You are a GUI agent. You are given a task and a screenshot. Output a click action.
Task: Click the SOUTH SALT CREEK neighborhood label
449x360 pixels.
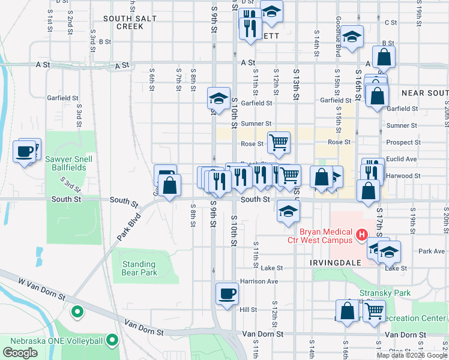(130, 22)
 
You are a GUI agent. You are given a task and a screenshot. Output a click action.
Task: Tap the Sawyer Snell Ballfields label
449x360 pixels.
(65, 163)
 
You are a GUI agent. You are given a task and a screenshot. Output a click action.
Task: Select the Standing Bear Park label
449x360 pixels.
(139, 268)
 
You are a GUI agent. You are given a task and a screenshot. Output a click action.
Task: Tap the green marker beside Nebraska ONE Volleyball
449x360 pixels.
(112, 341)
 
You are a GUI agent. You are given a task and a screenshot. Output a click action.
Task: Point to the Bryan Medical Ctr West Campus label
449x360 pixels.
(319, 236)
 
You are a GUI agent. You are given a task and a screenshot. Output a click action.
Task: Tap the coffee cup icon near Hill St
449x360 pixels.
(227, 294)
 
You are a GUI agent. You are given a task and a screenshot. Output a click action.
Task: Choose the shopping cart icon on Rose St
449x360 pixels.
(279, 143)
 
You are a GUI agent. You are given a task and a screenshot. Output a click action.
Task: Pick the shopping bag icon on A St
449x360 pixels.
(384, 57)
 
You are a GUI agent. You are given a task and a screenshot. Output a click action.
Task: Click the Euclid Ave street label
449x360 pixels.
(402, 159)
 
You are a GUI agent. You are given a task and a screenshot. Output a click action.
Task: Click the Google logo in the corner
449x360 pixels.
(20, 353)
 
